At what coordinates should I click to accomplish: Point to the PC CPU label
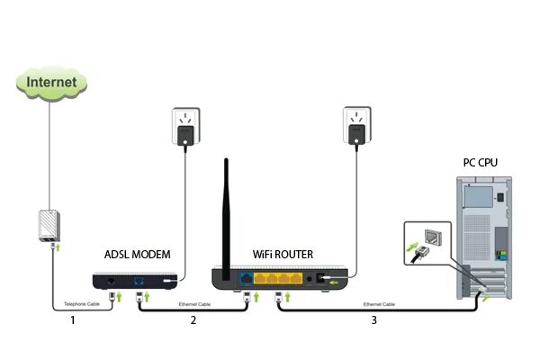(481, 163)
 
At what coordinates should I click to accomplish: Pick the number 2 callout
(192, 319)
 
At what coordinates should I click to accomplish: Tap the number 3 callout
(372, 319)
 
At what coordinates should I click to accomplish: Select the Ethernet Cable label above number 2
(194, 304)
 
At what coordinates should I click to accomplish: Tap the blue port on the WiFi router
(247, 279)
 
